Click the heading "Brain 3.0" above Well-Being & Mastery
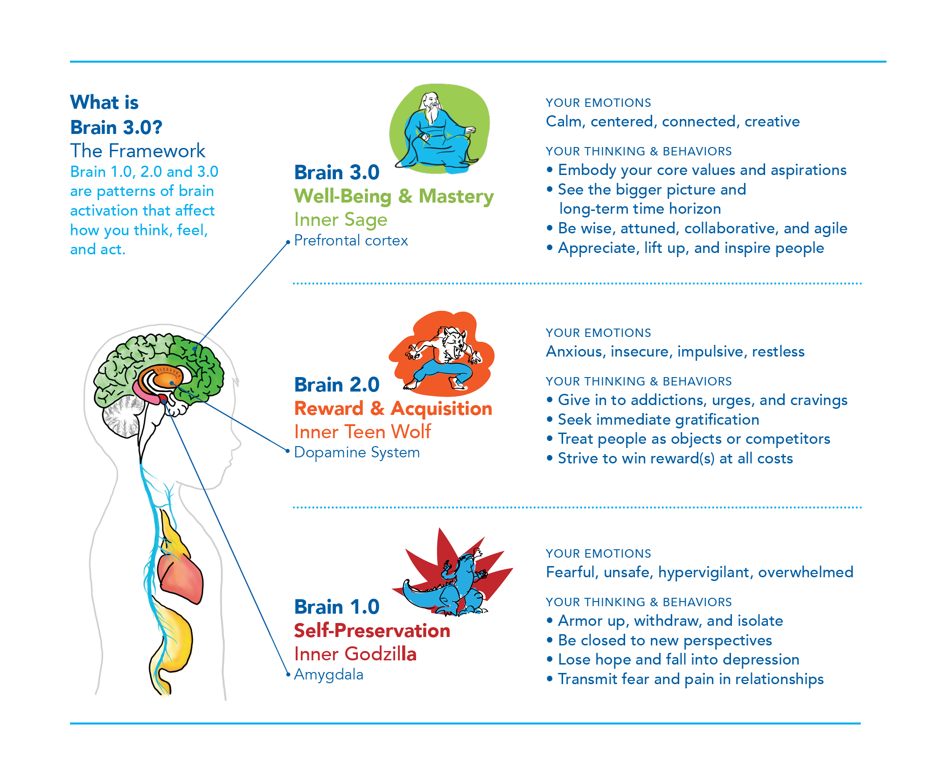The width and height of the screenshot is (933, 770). tap(337, 173)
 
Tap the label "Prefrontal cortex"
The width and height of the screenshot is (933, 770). tap(351, 240)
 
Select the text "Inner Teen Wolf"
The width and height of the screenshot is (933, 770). tap(362, 432)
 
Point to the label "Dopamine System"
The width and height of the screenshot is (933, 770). tap(357, 452)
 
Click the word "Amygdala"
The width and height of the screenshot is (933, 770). tap(328, 674)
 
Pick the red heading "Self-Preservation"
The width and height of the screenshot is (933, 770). tap(372, 630)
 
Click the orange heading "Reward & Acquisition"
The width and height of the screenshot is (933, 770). tap(393, 409)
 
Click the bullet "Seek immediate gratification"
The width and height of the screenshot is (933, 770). tap(658, 420)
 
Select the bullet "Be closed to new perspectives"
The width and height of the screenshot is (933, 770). tap(665, 640)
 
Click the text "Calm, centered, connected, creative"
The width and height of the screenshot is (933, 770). tap(673, 121)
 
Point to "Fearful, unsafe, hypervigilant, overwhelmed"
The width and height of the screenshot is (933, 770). tap(699, 572)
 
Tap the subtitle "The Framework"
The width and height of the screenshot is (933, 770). tap(138, 151)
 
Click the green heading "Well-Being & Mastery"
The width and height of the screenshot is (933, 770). tap(394, 196)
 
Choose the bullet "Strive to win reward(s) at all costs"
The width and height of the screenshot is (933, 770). tap(675, 458)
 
